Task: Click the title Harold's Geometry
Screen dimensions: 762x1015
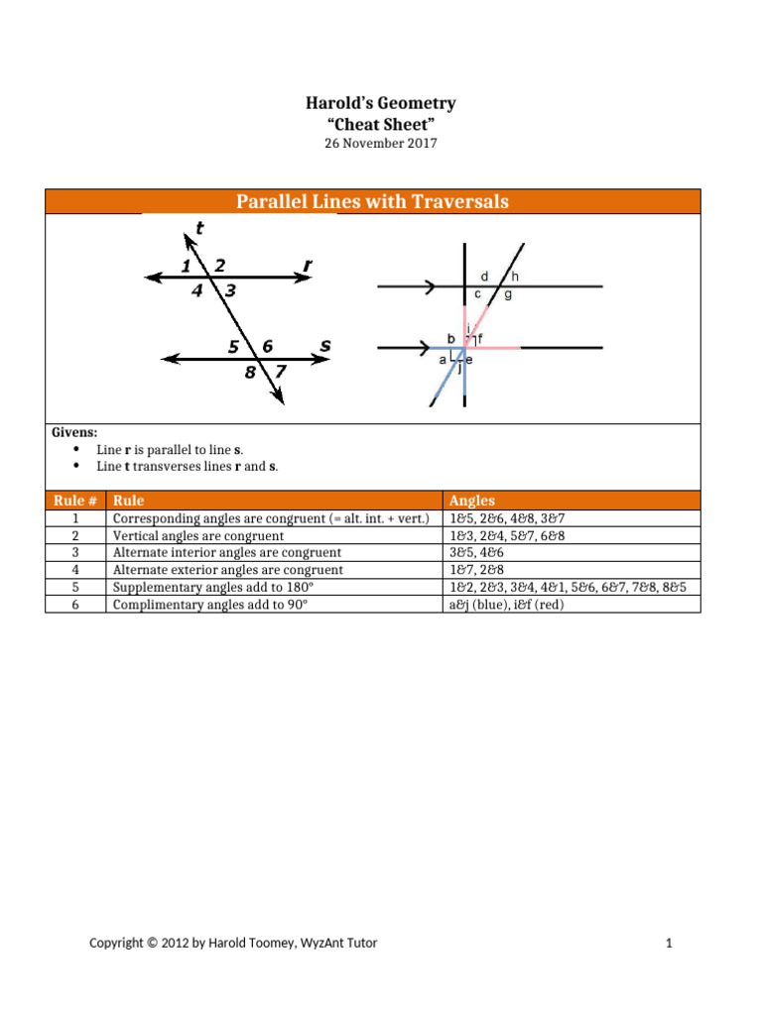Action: coord(381,104)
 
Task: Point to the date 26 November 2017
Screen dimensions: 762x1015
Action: coord(381,143)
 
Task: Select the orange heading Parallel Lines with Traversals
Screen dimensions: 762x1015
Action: coord(372,202)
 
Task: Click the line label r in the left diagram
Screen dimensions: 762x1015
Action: coord(308,266)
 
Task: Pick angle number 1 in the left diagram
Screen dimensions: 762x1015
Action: coord(186,266)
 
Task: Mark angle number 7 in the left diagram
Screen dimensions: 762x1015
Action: coord(280,372)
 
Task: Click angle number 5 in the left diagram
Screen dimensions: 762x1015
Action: coord(233,347)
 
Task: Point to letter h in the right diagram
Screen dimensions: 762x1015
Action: coord(515,276)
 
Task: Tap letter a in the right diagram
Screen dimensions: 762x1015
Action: coord(443,361)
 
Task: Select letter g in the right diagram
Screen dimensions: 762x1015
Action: coord(508,294)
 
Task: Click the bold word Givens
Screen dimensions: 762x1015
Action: coord(74,433)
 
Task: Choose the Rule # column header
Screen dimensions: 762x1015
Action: coord(75,501)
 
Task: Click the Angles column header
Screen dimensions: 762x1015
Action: coord(472,501)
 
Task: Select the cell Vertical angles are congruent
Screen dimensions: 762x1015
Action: coord(198,536)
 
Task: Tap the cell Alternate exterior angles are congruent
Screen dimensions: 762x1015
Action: coord(228,570)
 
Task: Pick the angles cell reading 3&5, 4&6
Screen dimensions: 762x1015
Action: coord(479,553)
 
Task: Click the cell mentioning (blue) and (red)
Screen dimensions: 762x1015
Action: coord(506,604)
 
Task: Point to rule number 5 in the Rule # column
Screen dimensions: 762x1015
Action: coord(75,587)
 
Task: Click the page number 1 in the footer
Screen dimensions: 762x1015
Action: coord(670,944)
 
